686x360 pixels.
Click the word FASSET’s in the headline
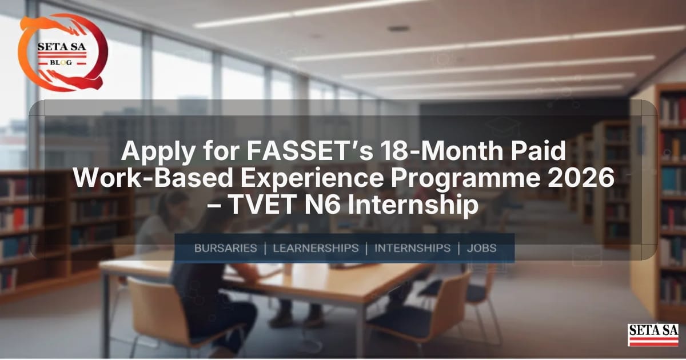pyautogui.click(x=310, y=151)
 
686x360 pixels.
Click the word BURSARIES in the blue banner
pyautogui.click(x=226, y=248)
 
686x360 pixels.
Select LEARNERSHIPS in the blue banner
pyautogui.click(x=316, y=248)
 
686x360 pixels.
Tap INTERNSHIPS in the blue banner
pyautogui.click(x=413, y=248)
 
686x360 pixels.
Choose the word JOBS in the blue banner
pyautogui.click(x=481, y=248)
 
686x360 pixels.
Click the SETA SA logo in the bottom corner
pyautogui.click(x=653, y=335)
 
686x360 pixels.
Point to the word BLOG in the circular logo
pyautogui.click(x=61, y=62)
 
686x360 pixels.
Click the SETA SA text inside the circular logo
pyautogui.click(x=62, y=47)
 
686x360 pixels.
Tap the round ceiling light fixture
pyautogui.click(x=398, y=29)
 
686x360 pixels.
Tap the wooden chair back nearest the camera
pyautogui.click(x=157, y=309)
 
